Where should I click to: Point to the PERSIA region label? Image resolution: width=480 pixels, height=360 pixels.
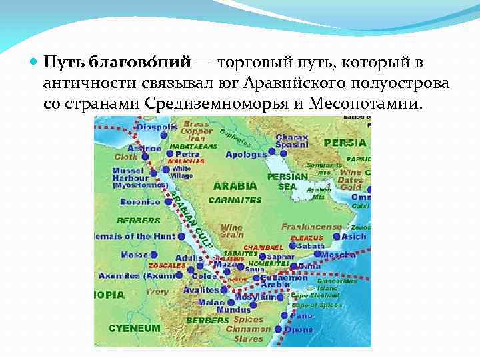tap(345, 143)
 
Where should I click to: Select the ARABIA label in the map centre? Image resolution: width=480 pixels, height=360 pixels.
tap(235, 186)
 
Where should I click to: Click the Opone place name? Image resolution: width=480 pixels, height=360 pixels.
tap(301, 329)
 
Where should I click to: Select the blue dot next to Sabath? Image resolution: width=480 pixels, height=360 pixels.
tap(292, 246)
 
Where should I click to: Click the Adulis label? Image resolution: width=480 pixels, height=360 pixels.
tap(189, 258)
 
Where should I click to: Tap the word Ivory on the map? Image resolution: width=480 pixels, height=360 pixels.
tap(157, 291)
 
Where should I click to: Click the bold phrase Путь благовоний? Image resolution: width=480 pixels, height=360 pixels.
tap(118, 62)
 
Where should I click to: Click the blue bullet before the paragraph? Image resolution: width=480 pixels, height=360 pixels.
tap(34, 63)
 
